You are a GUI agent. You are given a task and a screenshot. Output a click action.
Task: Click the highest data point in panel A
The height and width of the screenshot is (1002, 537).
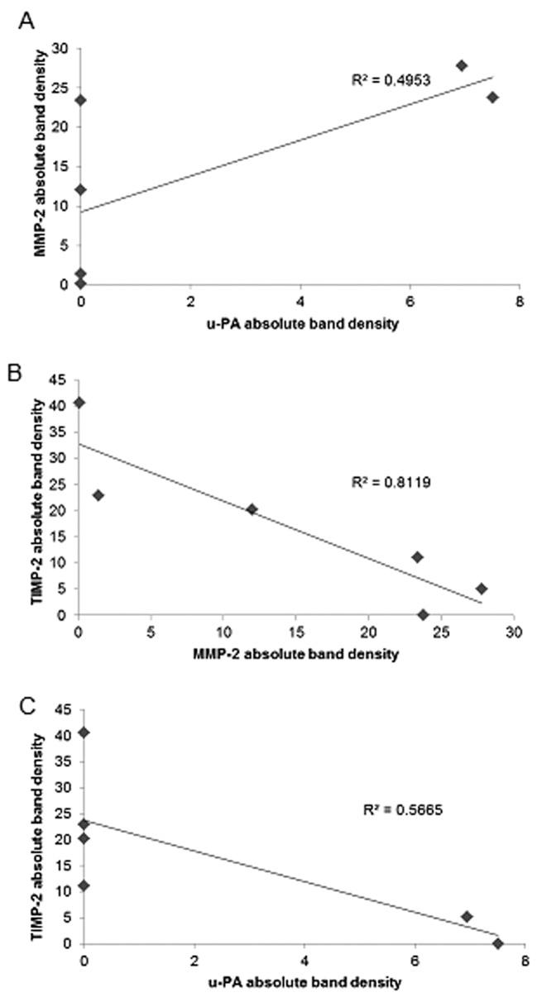pos(462,65)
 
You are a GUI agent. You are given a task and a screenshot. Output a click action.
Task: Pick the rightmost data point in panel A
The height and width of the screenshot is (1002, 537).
pos(492,97)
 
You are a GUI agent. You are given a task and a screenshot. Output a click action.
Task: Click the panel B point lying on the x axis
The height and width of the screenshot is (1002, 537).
pos(423,614)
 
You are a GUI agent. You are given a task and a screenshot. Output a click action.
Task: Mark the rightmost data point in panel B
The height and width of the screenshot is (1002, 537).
pos(481,589)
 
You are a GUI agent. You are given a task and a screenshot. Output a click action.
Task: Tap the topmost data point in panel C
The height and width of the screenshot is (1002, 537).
pos(84,732)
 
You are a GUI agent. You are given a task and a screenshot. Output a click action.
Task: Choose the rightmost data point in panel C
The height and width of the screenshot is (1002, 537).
pos(497,943)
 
